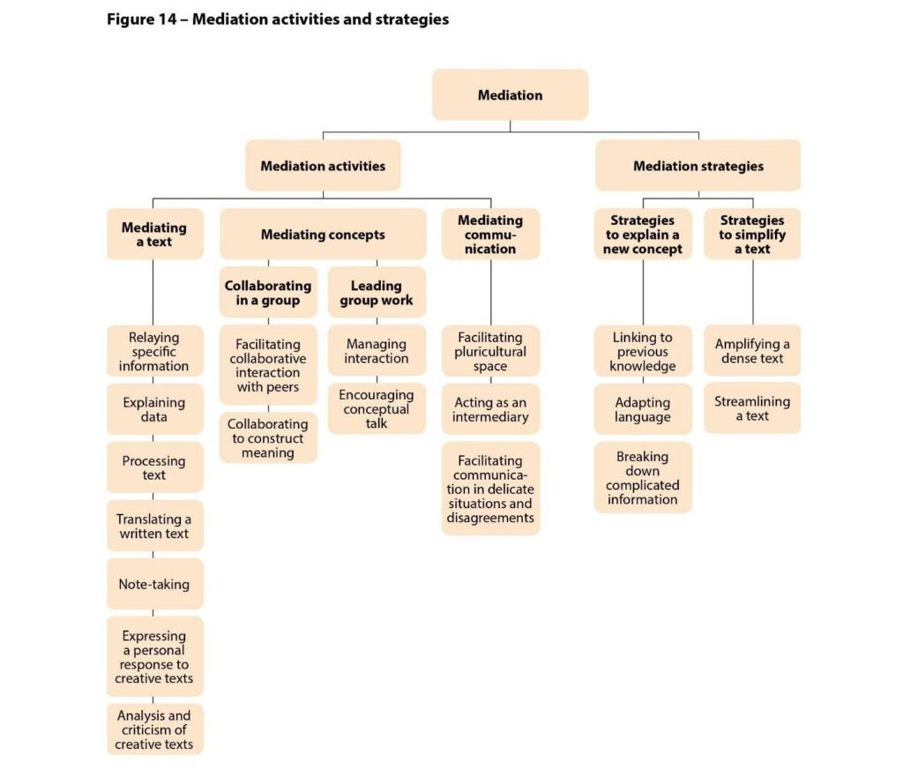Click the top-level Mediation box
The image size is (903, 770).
coord(510,95)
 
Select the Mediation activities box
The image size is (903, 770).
coord(323,166)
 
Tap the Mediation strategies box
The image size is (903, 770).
coord(698,166)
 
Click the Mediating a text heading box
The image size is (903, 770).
coord(154,235)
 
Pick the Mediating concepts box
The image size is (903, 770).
coord(323,235)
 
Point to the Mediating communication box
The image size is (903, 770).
coord(490,235)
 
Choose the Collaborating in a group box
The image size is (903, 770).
coord(268,293)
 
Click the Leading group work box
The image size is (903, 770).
coord(377,293)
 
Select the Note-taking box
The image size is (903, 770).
coord(154,584)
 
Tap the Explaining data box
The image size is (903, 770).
coord(154,409)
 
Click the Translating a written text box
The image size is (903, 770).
coord(154,526)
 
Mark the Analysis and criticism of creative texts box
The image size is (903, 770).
coord(154,729)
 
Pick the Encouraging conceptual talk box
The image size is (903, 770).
coord(377,408)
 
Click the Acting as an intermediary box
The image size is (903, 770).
coord(490,409)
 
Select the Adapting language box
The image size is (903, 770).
coord(643,409)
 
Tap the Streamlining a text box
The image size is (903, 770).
coord(752,407)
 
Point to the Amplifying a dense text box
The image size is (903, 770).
coord(752,351)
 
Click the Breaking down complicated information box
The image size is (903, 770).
coord(643,477)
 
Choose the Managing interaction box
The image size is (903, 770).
coord(377,351)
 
